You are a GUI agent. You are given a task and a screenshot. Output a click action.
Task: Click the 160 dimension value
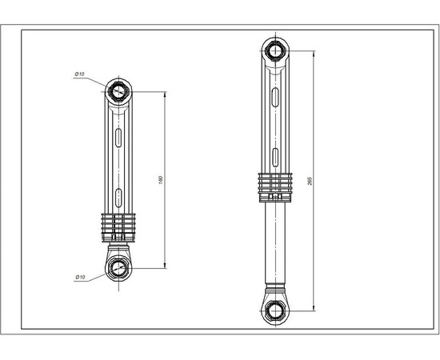pos(162,181)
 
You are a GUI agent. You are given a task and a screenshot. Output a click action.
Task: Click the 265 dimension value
pos(309,181)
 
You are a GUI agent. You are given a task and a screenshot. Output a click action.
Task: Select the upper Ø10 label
pos(80,74)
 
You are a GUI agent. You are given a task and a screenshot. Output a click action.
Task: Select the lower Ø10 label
pos(80,277)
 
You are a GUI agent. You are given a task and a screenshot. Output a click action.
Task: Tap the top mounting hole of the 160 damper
pos(118,90)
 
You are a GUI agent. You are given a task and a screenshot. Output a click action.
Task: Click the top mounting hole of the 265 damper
pos(275,51)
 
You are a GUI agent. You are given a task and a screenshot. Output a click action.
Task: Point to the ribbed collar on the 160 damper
pos(118,225)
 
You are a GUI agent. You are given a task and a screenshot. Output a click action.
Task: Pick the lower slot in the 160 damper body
pos(118,194)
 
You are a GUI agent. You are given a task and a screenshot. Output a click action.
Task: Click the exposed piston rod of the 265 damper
pos(275,240)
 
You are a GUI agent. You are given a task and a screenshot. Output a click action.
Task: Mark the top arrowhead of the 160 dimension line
pos(165,94)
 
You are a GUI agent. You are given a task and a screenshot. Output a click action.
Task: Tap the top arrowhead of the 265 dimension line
pos(313,54)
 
